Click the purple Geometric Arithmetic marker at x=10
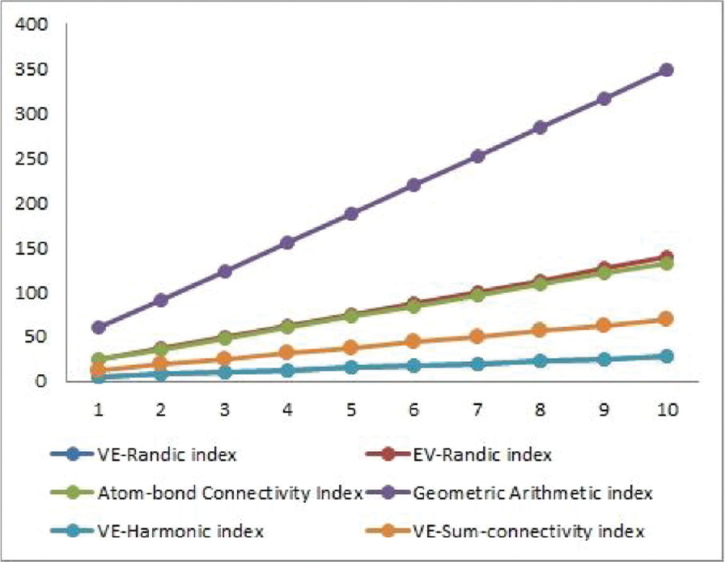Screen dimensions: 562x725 click(666, 70)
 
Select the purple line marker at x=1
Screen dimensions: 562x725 click(99, 327)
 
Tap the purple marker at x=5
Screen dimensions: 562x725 click(351, 214)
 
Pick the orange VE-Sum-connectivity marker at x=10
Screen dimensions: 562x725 click(666, 319)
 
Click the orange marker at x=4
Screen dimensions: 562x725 click(288, 352)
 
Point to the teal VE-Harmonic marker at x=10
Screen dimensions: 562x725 click(666, 356)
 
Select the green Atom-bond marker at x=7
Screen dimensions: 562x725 click(477, 295)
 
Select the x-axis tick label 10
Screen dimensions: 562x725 click(666, 411)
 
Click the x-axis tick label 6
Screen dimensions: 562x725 click(414, 411)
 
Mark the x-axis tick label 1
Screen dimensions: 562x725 click(99, 411)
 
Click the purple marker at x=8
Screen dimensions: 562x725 click(540, 127)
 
